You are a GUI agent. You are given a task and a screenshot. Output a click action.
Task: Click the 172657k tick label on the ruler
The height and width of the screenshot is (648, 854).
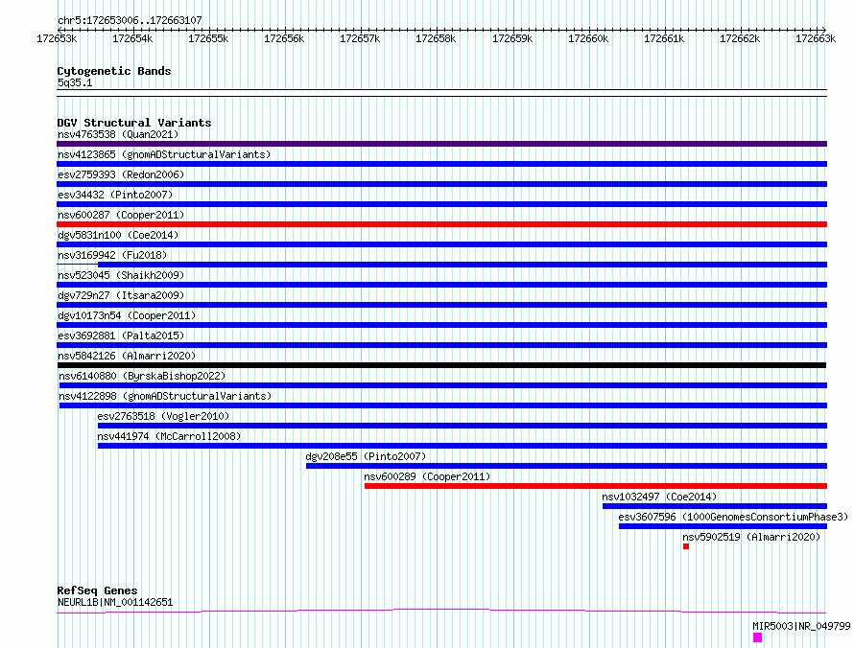pyautogui.click(x=360, y=38)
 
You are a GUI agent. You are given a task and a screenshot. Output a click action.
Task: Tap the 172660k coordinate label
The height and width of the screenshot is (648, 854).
pyautogui.click(x=588, y=38)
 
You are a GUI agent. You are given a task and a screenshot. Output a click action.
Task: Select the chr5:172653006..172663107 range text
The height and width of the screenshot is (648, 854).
pyautogui.click(x=130, y=20)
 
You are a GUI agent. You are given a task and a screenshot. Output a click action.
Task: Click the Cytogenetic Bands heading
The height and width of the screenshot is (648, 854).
pyautogui.click(x=114, y=71)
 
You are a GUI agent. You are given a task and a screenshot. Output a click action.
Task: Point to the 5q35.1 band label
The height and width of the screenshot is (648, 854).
pyautogui.click(x=75, y=82)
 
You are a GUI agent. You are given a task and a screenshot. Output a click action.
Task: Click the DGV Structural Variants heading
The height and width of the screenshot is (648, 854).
pyautogui.click(x=134, y=123)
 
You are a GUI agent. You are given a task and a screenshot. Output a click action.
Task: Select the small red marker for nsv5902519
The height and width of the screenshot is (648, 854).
pyautogui.click(x=686, y=546)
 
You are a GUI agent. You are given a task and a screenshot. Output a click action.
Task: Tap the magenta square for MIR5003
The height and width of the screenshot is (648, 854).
pyautogui.click(x=758, y=637)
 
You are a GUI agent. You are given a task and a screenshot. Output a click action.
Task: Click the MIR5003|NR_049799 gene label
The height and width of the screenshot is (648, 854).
pyautogui.click(x=801, y=626)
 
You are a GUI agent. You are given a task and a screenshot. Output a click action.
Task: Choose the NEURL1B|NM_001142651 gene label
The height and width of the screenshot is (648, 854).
pyautogui.click(x=115, y=602)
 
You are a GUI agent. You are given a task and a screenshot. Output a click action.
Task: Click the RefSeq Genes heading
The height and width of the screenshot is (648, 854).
pyautogui.click(x=98, y=590)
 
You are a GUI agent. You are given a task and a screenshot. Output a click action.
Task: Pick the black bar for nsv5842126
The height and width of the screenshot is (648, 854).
pyautogui.click(x=441, y=365)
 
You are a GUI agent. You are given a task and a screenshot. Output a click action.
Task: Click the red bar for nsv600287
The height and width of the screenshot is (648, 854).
pyautogui.click(x=441, y=224)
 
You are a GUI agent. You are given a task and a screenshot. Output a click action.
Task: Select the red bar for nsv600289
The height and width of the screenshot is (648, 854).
pyautogui.click(x=596, y=486)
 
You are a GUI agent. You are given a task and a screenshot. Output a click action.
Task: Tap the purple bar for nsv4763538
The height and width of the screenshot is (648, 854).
pyautogui.click(x=441, y=144)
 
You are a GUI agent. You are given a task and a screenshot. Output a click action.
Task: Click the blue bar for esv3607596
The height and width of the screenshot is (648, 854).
pyautogui.click(x=723, y=526)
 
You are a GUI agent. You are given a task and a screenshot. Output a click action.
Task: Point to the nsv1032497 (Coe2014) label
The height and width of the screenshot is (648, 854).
pyautogui.click(x=659, y=497)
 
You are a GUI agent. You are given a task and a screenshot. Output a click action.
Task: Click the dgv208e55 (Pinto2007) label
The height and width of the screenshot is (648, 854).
pyautogui.click(x=366, y=456)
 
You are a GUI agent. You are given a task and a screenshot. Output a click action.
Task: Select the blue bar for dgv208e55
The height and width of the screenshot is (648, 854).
pyautogui.click(x=566, y=466)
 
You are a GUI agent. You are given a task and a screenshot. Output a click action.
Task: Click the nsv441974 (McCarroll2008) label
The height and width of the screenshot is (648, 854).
pyautogui.click(x=169, y=436)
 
